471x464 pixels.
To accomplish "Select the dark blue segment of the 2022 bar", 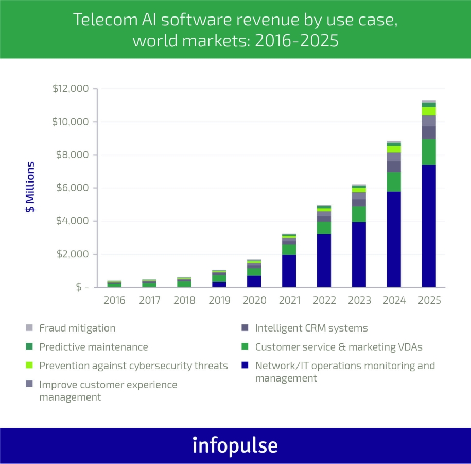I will [x=324, y=260].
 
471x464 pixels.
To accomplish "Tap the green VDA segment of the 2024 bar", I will [x=394, y=182].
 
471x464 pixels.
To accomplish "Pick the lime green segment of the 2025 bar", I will [x=428, y=111].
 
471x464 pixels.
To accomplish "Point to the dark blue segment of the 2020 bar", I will [x=254, y=281].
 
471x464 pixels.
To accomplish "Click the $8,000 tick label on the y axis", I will [x=71, y=155].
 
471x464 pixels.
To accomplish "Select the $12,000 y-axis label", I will [x=71, y=89].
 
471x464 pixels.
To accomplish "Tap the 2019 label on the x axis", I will [x=219, y=301].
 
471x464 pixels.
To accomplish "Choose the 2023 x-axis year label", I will [x=359, y=301].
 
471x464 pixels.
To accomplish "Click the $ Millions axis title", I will [x=31, y=187].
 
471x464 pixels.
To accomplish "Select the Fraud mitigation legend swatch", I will [x=29, y=328].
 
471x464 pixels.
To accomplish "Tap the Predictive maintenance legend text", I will [x=93, y=347].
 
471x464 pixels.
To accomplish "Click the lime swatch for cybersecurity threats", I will [x=29, y=366].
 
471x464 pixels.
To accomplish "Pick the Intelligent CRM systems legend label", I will [x=311, y=328].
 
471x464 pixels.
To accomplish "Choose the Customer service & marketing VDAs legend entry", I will [x=339, y=347].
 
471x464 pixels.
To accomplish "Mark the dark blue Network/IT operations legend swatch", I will [x=246, y=366].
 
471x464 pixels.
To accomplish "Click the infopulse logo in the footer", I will [x=235, y=445].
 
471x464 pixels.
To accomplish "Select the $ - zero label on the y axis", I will [x=75, y=287].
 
